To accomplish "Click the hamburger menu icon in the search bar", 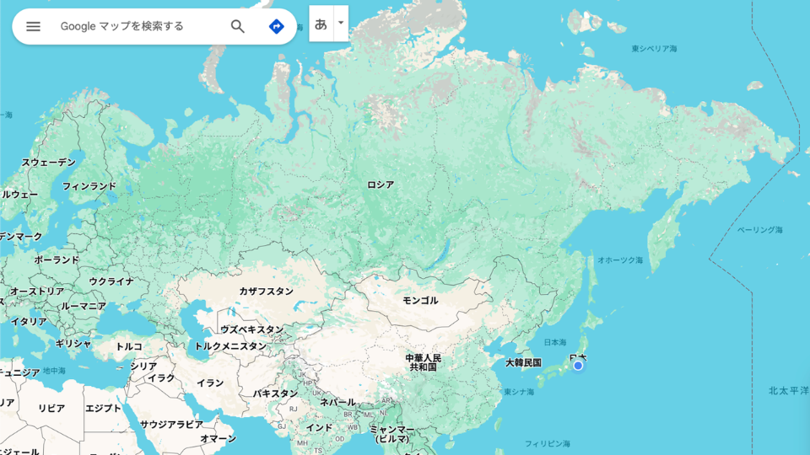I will pyautogui.click(x=33, y=26).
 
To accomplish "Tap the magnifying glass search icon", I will pyautogui.click(x=238, y=26).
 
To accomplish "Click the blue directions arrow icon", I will pyautogui.click(x=276, y=26).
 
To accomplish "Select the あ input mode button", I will pyautogui.click(x=321, y=24).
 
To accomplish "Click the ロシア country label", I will pyautogui.click(x=380, y=185).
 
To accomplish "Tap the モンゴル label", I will pyautogui.click(x=419, y=301).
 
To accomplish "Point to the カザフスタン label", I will pyautogui.click(x=267, y=292).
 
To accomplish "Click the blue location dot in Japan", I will pyautogui.click(x=578, y=365).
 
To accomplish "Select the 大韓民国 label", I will pyautogui.click(x=523, y=363).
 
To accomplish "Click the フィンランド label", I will pyautogui.click(x=89, y=186).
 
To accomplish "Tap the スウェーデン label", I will pyautogui.click(x=48, y=163).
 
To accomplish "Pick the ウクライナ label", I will pyautogui.click(x=111, y=281).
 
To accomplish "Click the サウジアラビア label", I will pyautogui.click(x=171, y=425).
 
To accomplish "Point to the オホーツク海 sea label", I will pyautogui.click(x=619, y=260).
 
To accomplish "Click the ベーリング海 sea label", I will pyautogui.click(x=759, y=230).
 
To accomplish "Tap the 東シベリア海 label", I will pyautogui.click(x=654, y=49).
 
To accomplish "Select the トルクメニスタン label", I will pyautogui.click(x=230, y=346).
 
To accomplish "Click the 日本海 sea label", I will pyautogui.click(x=555, y=342).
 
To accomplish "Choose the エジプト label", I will pyautogui.click(x=105, y=408).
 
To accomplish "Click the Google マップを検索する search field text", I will pyautogui.click(x=121, y=26).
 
